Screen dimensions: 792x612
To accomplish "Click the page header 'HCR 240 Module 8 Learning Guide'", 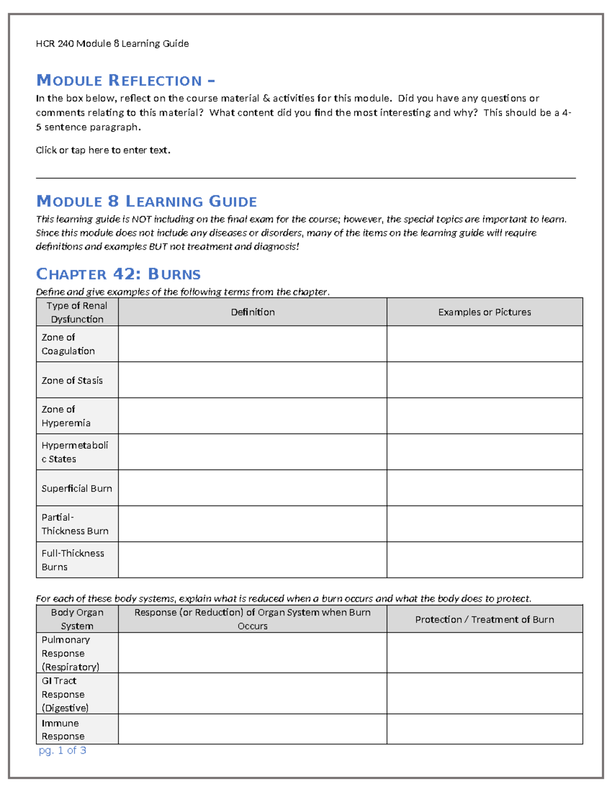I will [x=112, y=44].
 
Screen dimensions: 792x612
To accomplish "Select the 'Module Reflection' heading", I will [x=125, y=81].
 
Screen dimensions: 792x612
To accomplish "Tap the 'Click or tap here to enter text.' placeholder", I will [x=103, y=150].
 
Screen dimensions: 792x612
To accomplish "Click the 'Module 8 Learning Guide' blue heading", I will [x=146, y=201].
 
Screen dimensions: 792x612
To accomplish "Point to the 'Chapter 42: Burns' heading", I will [x=118, y=274].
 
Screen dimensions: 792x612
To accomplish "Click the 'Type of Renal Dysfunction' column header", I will [x=77, y=312].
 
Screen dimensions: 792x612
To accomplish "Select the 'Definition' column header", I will [x=252, y=312].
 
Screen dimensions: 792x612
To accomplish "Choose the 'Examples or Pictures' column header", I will [x=484, y=312].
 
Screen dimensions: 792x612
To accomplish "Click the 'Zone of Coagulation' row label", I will [x=68, y=344].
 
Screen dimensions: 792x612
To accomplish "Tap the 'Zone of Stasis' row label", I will [x=72, y=380].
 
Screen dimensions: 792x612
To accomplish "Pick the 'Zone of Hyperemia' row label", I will [x=66, y=416].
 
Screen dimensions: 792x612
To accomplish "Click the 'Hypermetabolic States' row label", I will [x=74, y=452].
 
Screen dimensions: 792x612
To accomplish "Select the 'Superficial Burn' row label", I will [x=76, y=489].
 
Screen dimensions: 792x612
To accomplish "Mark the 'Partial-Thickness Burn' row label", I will [x=74, y=524].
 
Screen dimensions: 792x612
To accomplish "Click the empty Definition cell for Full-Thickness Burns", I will [x=252, y=560].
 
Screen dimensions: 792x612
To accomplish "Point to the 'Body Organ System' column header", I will [x=77, y=619].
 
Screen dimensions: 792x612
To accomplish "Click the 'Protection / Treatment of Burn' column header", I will [x=484, y=620].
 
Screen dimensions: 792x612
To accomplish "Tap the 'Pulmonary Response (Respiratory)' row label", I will [x=70, y=653].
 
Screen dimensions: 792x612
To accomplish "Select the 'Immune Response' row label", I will [x=63, y=730].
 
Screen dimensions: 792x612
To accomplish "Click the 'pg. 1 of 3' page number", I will [x=62, y=751].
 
